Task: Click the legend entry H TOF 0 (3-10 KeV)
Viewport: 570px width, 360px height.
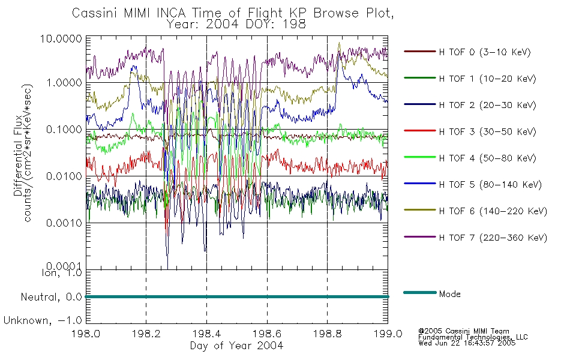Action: [485, 52]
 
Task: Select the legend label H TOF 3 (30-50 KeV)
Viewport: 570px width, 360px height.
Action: [487, 131]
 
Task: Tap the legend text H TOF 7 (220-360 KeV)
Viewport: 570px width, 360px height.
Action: [493, 238]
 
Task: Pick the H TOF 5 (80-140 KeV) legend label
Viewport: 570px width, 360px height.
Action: [490, 185]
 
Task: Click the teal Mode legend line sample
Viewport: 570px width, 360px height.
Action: [420, 292]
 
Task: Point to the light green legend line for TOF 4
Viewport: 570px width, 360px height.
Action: [420, 157]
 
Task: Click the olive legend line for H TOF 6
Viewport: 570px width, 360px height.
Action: [420, 210]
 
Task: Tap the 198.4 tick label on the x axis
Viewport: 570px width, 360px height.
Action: [206, 334]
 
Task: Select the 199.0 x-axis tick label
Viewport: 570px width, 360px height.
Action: [388, 334]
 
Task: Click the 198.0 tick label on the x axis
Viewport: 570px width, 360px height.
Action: [86, 334]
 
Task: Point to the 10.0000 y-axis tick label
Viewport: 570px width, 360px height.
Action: [61, 38]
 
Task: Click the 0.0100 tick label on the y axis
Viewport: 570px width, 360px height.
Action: [64, 176]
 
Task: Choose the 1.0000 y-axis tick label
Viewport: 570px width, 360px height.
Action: [64, 83]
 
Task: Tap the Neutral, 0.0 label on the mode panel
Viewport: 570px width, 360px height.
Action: [51, 298]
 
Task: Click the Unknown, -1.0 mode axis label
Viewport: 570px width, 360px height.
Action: [43, 321]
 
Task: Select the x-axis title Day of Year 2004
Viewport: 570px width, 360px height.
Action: [236, 346]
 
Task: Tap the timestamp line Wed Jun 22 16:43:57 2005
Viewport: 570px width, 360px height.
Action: [467, 343]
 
